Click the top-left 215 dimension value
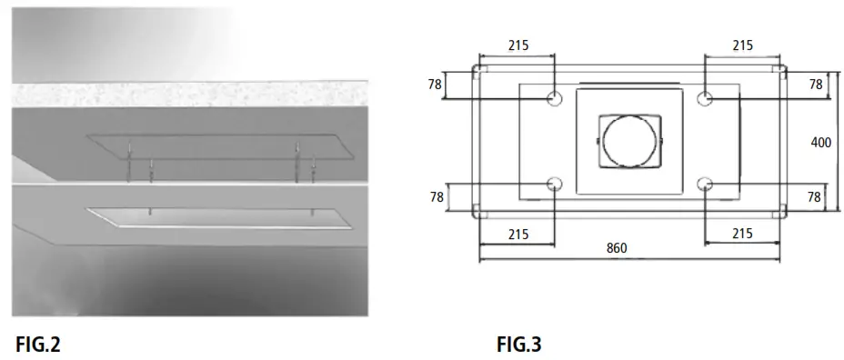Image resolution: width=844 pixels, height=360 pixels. click(518, 45)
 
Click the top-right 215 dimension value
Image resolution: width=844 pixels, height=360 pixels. click(742, 45)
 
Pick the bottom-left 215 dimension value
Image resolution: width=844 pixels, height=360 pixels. click(518, 234)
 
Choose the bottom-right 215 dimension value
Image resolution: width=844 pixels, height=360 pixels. click(742, 234)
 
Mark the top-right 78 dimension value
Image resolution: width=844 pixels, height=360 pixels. click(815, 85)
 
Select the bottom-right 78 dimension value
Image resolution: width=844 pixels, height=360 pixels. click(815, 196)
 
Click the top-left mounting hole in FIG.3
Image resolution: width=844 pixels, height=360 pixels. click(555, 98)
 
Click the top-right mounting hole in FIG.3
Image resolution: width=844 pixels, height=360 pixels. click(705, 98)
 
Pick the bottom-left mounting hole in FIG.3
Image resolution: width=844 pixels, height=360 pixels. click(555, 185)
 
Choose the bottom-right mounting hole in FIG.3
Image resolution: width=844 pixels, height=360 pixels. click(705, 185)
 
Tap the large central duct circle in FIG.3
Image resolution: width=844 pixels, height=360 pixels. click(629, 142)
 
